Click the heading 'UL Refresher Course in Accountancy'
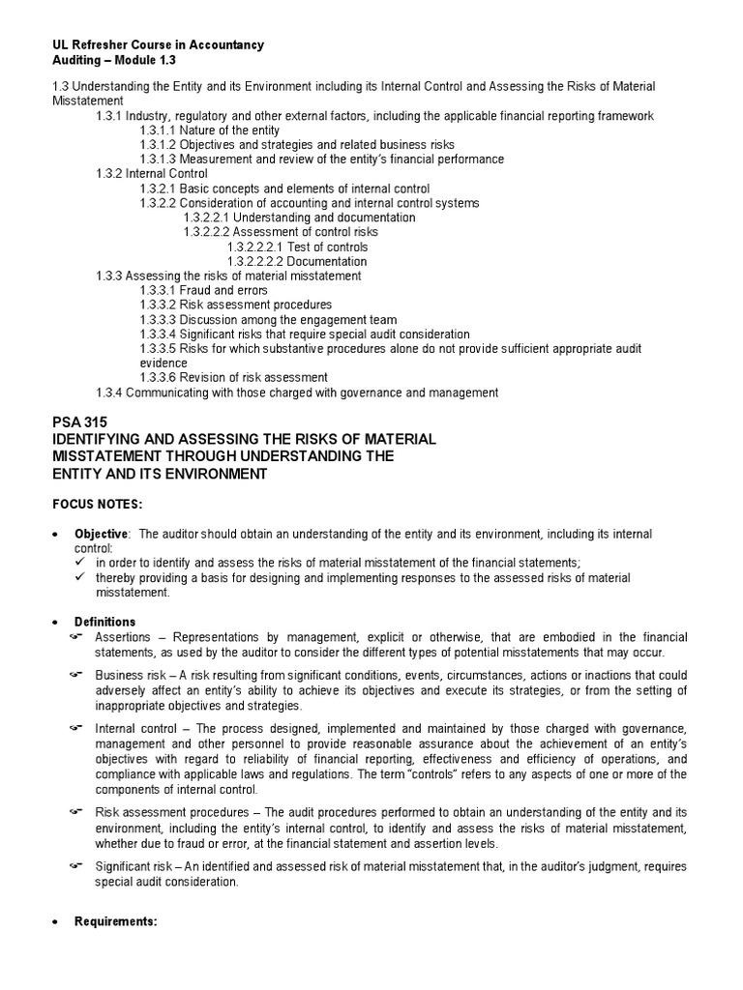coord(157,45)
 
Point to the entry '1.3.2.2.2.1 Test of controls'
coord(297,247)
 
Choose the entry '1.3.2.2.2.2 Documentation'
coord(297,261)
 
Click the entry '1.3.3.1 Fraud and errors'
coord(204,290)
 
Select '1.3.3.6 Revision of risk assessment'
coord(233,377)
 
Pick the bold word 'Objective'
coord(101,535)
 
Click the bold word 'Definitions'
coord(105,622)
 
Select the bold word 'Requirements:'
coord(115,921)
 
